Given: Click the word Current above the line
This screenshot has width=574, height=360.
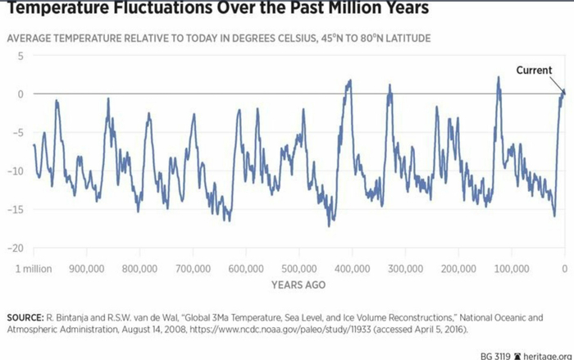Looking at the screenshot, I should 534,71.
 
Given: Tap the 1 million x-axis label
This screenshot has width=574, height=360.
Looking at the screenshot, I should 34,268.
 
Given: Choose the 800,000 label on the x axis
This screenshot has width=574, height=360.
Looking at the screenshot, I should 139,268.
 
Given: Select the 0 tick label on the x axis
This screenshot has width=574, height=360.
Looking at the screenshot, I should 564,268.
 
